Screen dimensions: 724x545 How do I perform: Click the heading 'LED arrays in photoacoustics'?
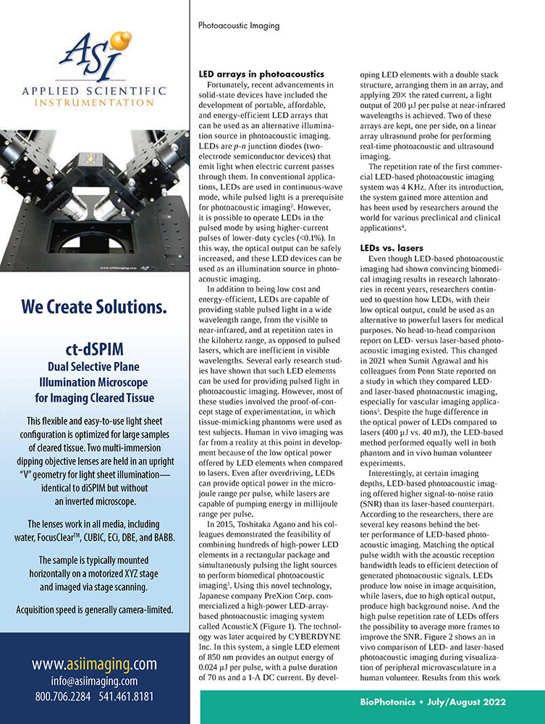(x=261, y=75)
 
